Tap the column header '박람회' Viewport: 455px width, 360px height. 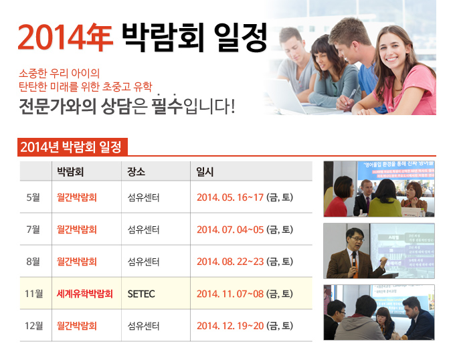pyautogui.click(x=70, y=171)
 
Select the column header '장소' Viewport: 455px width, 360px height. pyautogui.click(x=136, y=171)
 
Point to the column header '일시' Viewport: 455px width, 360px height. pyautogui.click(x=205, y=171)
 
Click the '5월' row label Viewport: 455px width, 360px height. pyautogui.click(x=33, y=197)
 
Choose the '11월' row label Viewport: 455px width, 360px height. pyautogui.click(x=33, y=294)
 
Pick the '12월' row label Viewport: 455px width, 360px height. pyautogui.click(x=33, y=326)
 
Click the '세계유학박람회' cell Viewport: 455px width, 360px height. pyautogui.click(x=85, y=294)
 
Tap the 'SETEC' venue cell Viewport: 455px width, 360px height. pyautogui.click(x=141, y=294)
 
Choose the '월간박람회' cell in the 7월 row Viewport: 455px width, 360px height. pyautogui.click(x=77, y=230)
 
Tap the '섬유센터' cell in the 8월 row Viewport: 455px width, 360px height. pyautogui.click(x=143, y=262)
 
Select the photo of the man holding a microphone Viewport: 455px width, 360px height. pyautogui.click(x=378, y=251)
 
